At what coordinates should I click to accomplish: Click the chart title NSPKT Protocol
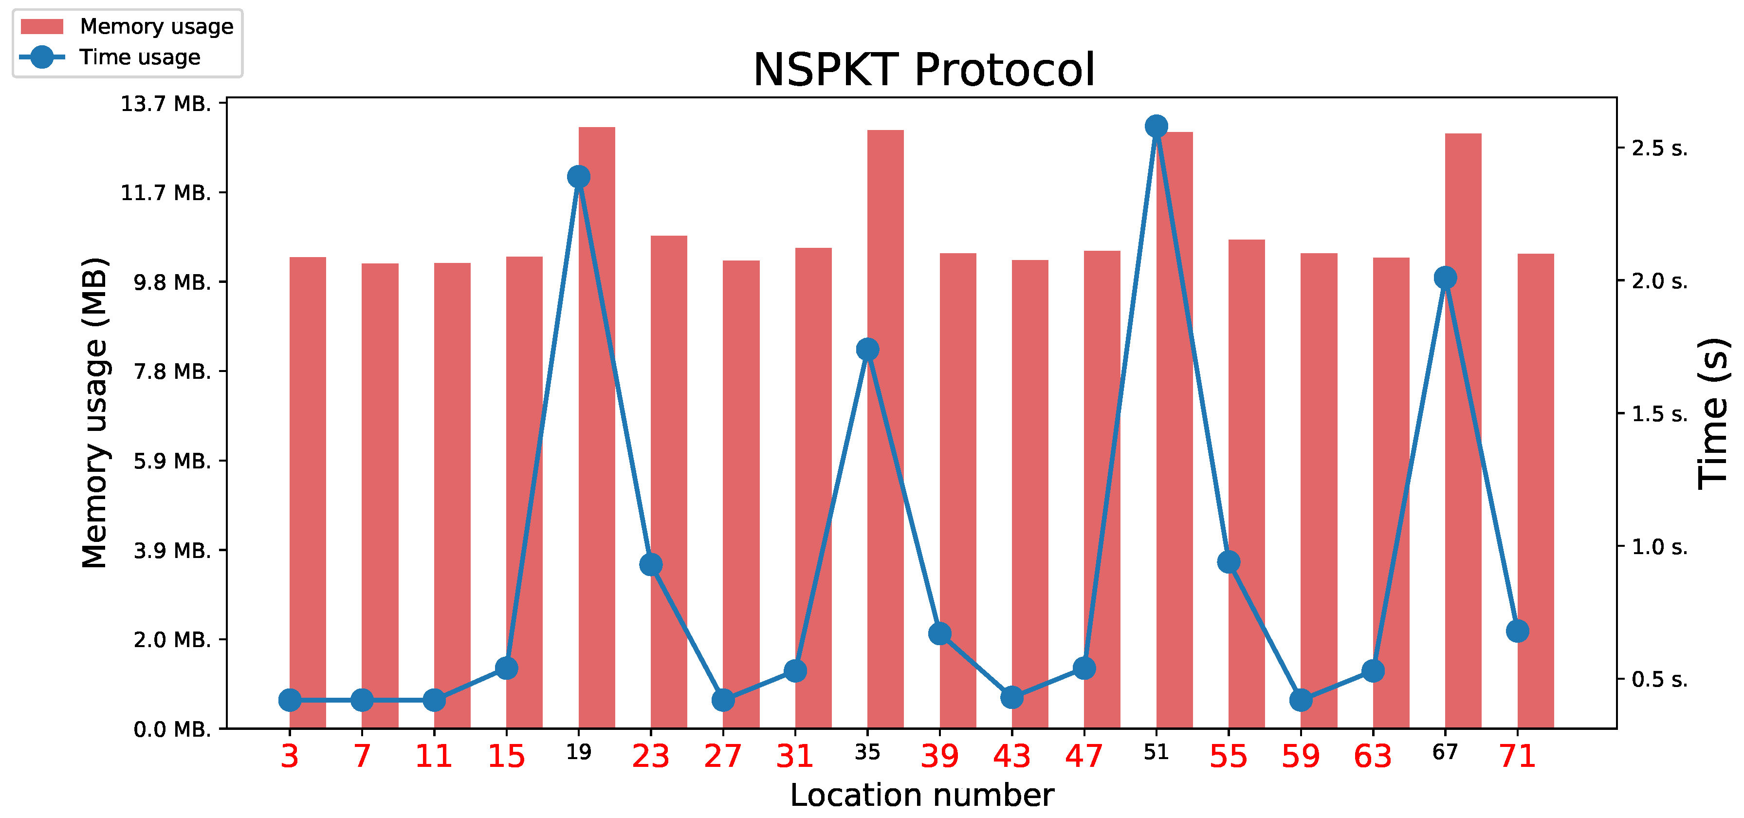tap(923, 70)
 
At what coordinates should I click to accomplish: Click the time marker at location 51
tap(1157, 126)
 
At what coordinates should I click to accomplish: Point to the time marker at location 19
tap(579, 177)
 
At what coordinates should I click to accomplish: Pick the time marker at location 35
tap(867, 350)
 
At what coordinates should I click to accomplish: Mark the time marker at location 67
tap(1446, 278)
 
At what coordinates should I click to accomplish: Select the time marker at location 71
tap(1518, 631)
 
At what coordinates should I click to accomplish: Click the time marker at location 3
tap(290, 700)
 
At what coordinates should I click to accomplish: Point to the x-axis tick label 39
tap(940, 756)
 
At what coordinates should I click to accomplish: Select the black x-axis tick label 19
tap(579, 752)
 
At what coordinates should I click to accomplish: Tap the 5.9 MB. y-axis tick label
tap(172, 461)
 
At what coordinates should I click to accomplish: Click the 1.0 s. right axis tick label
tap(1659, 546)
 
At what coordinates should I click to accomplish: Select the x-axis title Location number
tap(922, 795)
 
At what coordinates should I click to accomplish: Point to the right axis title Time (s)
tap(1713, 413)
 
